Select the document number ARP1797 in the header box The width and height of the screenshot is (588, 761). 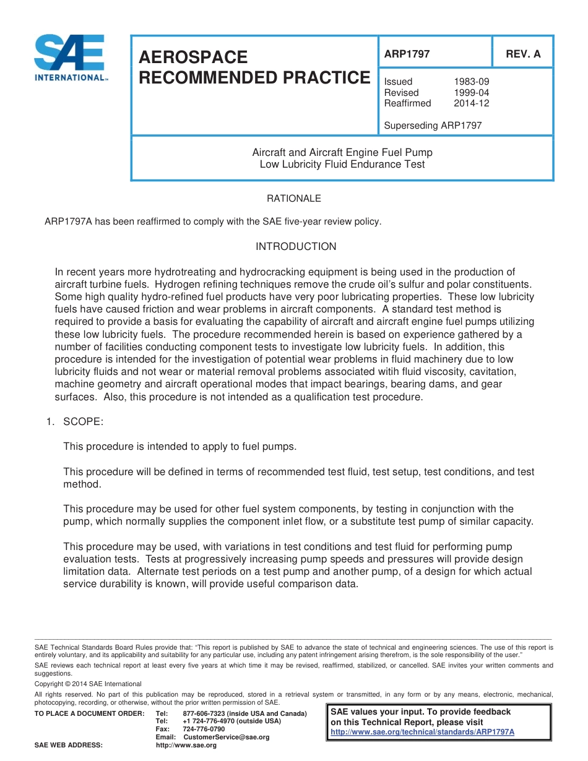407,54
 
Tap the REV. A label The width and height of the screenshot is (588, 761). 523,54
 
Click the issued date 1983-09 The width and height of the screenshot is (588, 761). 472,82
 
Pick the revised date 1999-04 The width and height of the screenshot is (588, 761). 472,93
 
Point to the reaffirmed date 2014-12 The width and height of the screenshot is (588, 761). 472,103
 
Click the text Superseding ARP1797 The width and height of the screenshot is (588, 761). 433,126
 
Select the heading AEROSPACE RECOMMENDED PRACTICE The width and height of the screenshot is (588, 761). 254,67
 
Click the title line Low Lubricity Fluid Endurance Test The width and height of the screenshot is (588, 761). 342,165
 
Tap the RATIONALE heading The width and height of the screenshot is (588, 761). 294,199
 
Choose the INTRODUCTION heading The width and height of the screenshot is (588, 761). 296,247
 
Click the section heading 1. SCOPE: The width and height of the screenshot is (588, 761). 75,422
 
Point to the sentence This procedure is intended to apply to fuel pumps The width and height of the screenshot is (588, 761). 180,447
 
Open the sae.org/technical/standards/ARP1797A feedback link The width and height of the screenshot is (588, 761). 423,732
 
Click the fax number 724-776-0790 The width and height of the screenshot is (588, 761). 204,729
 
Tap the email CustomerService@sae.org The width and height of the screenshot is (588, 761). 227,737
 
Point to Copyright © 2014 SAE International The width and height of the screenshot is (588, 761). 88,684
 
